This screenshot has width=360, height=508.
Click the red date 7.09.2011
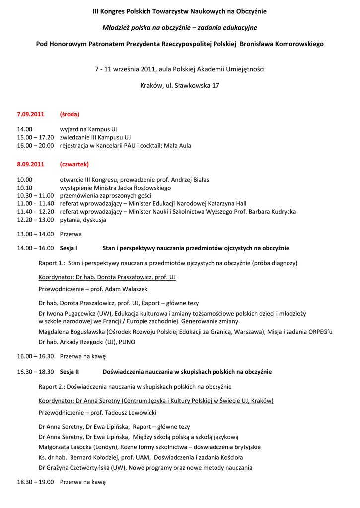30,114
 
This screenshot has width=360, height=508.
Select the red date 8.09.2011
30,164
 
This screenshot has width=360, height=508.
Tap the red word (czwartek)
74,164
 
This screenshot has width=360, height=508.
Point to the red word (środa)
70,114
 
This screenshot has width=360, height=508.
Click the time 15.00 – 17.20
35,137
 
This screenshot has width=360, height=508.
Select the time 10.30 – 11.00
35,196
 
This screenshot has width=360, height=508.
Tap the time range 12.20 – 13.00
35,220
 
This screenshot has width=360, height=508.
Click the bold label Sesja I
69,248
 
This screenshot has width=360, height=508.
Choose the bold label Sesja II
70,372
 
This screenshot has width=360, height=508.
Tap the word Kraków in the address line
151,86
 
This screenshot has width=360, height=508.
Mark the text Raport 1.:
52,263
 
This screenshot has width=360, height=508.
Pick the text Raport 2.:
52,387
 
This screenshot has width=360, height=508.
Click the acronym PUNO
127,342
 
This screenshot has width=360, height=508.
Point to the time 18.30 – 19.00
35,482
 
